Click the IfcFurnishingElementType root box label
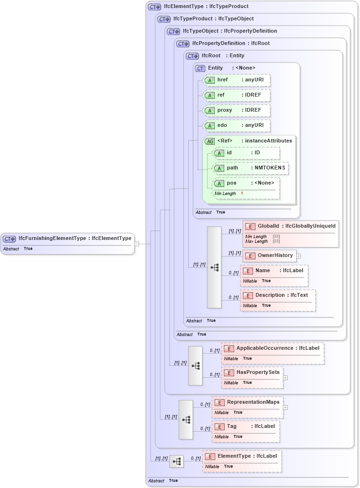click(x=74, y=238)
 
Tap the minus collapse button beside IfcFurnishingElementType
click(x=136, y=244)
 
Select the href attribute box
click(x=237, y=80)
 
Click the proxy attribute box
click(x=237, y=110)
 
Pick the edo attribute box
click(x=237, y=125)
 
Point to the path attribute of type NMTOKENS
click(x=251, y=168)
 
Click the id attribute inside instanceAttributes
click(x=246, y=153)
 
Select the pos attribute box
click(x=246, y=183)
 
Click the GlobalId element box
click(x=290, y=226)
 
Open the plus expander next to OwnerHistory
click(x=299, y=256)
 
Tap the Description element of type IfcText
click(x=278, y=295)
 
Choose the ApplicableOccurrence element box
click(x=272, y=348)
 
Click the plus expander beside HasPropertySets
click(x=285, y=378)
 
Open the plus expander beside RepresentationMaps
click(x=285, y=407)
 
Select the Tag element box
click(x=246, y=426)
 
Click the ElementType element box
click(x=242, y=456)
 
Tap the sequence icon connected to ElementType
click(x=176, y=461)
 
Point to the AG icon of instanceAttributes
click(x=210, y=141)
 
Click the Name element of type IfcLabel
click(x=274, y=271)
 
